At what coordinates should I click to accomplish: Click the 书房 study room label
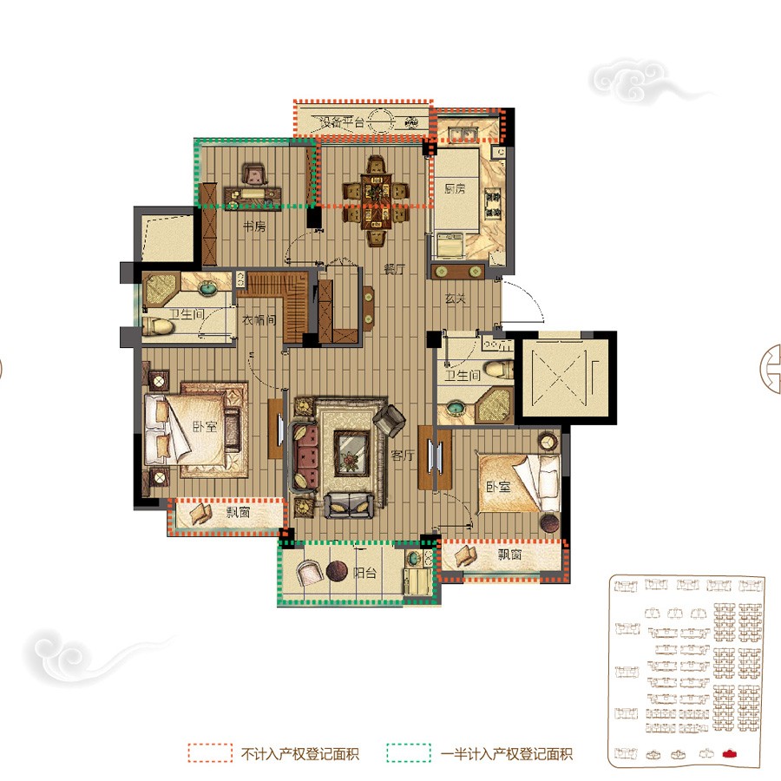pos(254,226)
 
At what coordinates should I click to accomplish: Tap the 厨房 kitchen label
pos(455,189)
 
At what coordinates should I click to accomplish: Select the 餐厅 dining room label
pos(395,270)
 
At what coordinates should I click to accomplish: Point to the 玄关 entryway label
pos(456,299)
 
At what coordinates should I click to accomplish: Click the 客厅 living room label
pos(403,456)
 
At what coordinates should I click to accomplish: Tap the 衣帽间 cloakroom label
pos(259,319)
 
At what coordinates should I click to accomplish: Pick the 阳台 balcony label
pos(364,573)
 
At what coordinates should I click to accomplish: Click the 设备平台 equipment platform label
pos(342,121)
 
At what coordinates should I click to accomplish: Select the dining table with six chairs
pos(376,200)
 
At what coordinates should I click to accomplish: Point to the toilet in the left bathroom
pos(158,327)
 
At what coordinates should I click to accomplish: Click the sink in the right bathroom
pos(455,409)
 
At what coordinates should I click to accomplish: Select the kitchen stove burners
pos(493,204)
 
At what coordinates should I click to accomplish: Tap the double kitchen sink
pos(463,134)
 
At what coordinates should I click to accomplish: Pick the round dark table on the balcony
pos(338,571)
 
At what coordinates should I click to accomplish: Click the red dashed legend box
pos(210,752)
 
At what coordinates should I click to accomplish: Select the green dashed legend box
pos(409,752)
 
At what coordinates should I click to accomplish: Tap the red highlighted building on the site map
pos(730,753)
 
